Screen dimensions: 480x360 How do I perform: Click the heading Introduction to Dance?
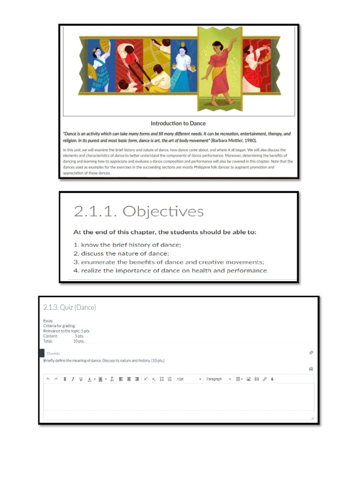tap(178, 123)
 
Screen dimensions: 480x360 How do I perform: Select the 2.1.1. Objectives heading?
tap(139, 211)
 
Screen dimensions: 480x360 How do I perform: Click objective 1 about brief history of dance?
tap(127, 245)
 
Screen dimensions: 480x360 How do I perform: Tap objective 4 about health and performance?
tap(171, 270)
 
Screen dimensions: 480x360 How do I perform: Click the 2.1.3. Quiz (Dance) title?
tap(69, 307)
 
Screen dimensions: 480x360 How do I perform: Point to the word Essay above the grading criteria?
tap(48, 321)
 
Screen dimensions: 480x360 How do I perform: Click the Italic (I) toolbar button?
tap(73, 379)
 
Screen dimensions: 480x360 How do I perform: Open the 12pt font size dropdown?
tap(189, 379)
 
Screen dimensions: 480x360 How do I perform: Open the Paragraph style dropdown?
tap(218, 379)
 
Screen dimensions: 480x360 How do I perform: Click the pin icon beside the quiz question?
tap(311, 352)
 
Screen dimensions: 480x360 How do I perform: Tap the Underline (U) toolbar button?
tap(81, 379)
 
